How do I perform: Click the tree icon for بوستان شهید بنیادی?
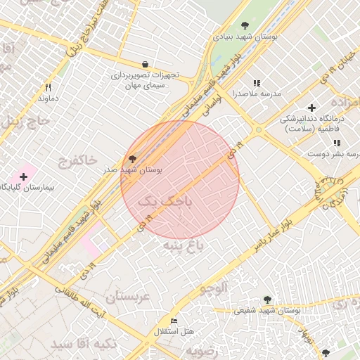pyautogui.click(x=245, y=25)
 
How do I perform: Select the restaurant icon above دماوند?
pyautogui.click(x=49, y=88)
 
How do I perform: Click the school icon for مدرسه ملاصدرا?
pyautogui.click(x=257, y=83)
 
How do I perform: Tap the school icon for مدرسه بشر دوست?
pyautogui.click(x=318, y=143)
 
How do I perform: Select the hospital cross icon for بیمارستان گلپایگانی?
pyautogui.click(x=23, y=176)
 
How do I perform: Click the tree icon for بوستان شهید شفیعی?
pyautogui.click(x=266, y=300)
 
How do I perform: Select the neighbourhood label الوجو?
pyautogui.click(x=214, y=288)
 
